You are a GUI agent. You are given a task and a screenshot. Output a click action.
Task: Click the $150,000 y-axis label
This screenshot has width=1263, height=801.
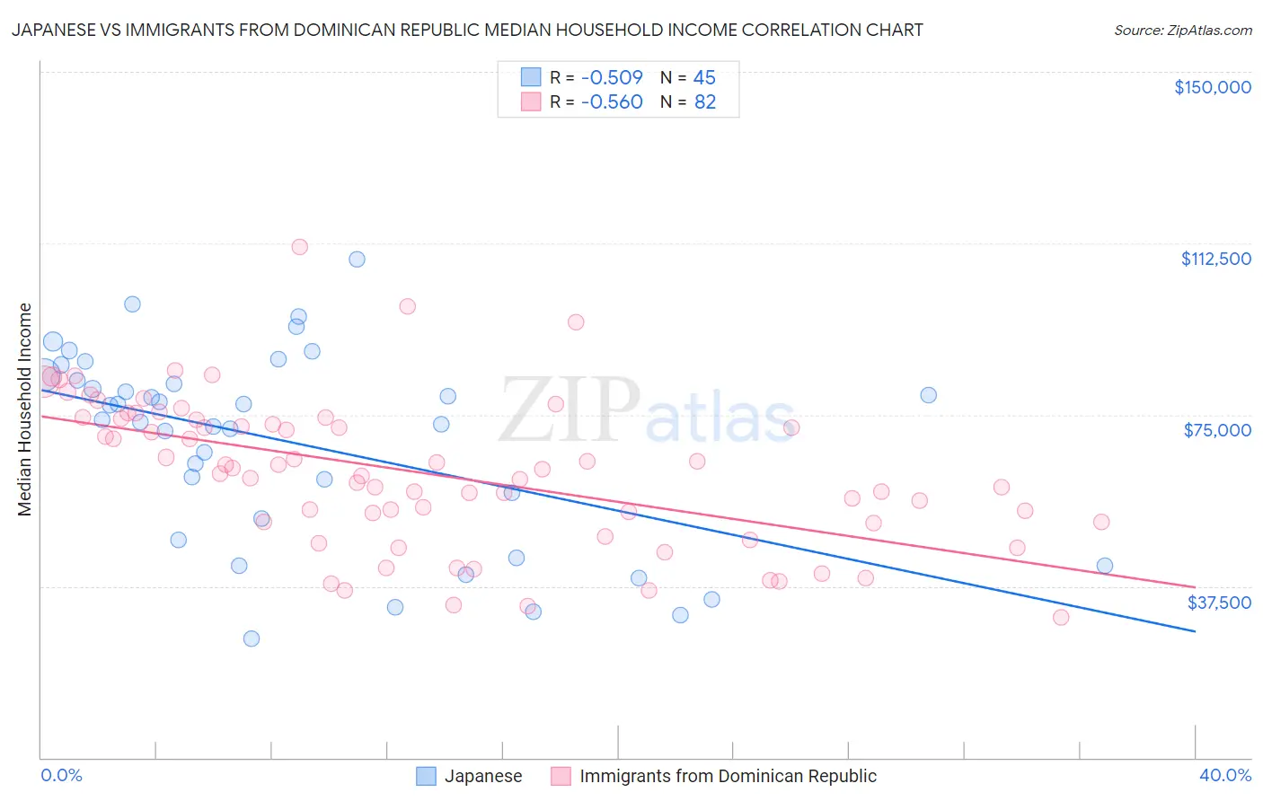tap(1212, 87)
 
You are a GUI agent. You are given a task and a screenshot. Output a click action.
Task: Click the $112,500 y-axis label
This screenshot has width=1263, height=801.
tap(1215, 259)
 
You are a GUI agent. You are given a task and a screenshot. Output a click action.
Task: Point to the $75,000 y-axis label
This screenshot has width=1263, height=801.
tap(1217, 430)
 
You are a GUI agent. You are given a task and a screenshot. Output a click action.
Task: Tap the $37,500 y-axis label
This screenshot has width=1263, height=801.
tap(1219, 603)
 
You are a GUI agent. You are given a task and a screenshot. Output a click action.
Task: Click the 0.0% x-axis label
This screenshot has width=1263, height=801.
tap(61, 775)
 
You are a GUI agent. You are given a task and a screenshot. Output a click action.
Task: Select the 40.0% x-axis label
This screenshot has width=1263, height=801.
tap(1225, 775)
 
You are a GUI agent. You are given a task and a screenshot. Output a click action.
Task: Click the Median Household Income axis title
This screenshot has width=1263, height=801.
tap(24, 409)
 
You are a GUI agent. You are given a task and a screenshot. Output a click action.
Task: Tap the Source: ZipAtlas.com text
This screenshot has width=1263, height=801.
tap(1182, 30)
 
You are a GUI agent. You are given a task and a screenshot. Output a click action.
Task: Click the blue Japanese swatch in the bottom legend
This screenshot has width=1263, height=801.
tap(426, 776)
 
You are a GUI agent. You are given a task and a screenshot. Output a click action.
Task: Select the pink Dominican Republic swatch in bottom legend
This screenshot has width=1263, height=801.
tap(561, 776)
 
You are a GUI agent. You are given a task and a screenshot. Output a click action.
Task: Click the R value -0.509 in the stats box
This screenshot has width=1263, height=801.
tap(612, 78)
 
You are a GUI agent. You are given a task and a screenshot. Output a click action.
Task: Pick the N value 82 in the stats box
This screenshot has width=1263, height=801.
tap(705, 102)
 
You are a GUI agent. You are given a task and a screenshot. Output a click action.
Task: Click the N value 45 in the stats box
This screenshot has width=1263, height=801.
tap(704, 78)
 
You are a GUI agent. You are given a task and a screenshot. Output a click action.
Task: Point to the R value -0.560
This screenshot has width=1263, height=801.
tap(612, 102)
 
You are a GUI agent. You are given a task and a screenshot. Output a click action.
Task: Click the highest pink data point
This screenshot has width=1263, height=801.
tap(300, 247)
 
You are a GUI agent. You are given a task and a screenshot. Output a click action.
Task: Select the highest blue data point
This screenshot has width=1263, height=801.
tap(357, 260)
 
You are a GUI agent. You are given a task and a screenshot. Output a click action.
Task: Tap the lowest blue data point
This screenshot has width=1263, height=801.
tap(252, 638)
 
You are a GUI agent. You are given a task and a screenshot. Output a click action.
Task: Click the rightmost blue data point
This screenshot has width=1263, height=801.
tap(1105, 566)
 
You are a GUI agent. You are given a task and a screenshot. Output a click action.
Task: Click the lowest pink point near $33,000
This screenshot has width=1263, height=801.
tap(1061, 617)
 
